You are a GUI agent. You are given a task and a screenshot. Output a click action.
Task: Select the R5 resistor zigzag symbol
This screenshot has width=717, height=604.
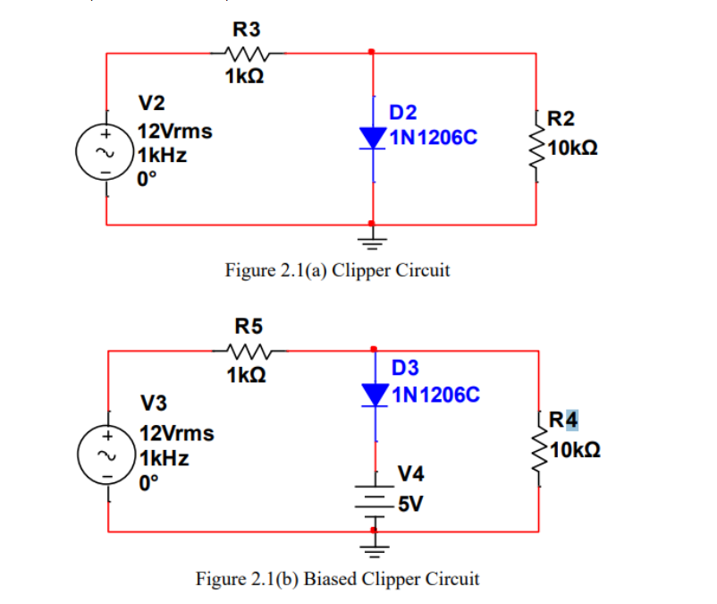tap(244, 351)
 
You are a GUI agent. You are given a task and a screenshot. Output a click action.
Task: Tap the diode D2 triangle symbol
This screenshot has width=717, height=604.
tap(372, 137)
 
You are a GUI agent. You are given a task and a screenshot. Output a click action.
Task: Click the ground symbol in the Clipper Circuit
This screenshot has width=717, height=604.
tap(373, 238)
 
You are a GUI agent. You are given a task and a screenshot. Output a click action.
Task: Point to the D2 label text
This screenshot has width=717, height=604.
tap(403, 113)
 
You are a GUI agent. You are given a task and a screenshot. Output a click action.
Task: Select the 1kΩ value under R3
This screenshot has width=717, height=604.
tap(243, 77)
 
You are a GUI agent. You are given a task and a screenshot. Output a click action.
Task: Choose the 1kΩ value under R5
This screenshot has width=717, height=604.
tap(244, 376)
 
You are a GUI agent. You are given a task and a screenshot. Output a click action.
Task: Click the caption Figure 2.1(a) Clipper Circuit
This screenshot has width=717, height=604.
tap(337, 269)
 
